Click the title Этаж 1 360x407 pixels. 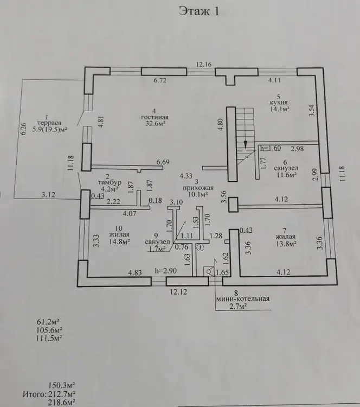point(199,11)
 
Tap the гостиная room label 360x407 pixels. point(155,117)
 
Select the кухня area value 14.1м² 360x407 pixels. point(280,109)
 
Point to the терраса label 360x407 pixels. point(49,123)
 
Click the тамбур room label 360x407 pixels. point(110,182)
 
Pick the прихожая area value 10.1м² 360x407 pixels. point(198,194)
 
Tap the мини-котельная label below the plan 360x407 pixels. point(243,299)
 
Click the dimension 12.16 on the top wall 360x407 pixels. point(204,64)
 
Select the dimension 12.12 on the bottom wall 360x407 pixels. point(179,292)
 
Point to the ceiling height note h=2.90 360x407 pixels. point(166,271)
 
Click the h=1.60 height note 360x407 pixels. point(271,148)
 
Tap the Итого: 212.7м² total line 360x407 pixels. point(49,395)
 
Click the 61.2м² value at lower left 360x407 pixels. point(48,322)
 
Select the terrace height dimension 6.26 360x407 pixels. point(24,129)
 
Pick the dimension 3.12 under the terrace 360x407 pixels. point(48,194)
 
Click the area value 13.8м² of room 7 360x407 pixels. point(286,244)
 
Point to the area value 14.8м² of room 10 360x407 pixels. point(119,241)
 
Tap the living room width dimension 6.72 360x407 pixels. point(160,80)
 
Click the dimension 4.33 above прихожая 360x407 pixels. point(186,176)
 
